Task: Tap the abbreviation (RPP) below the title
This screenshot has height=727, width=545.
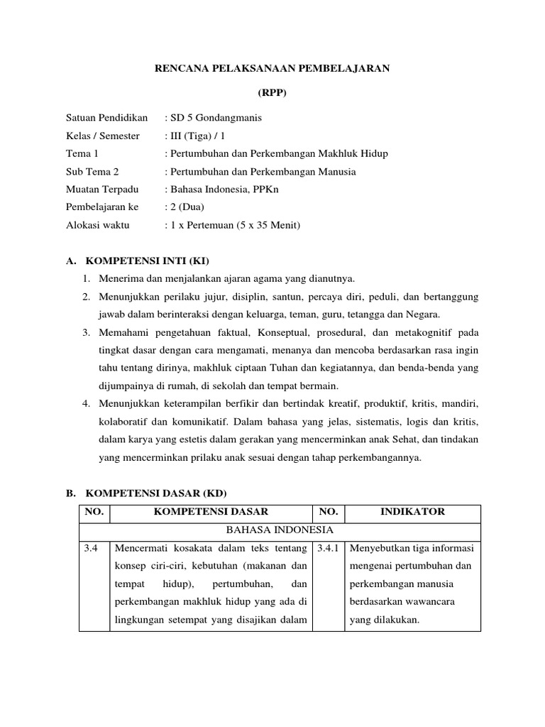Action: tap(272, 93)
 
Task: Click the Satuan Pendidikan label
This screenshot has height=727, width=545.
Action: tap(106, 117)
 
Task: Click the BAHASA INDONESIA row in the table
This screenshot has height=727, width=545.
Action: tap(280, 530)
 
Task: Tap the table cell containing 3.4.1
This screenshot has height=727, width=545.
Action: tap(327, 548)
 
